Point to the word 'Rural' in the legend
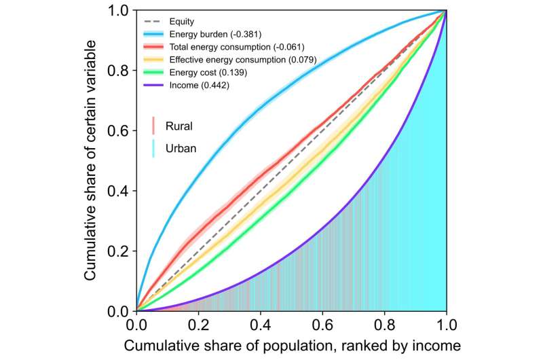pyautogui.click(x=179, y=125)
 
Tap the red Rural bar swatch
pyautogui.click(x=154, y=125)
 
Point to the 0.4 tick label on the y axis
pyautogui.click(x=119, y=191)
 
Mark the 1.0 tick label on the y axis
pyautogui.click(x=119, y=11)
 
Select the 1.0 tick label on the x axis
pyautogui.click(x=446, y=325)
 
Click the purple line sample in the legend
pyautogui.click(x=155, y=86)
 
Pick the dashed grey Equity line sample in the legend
pyautogui.click(x=155, y=20)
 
